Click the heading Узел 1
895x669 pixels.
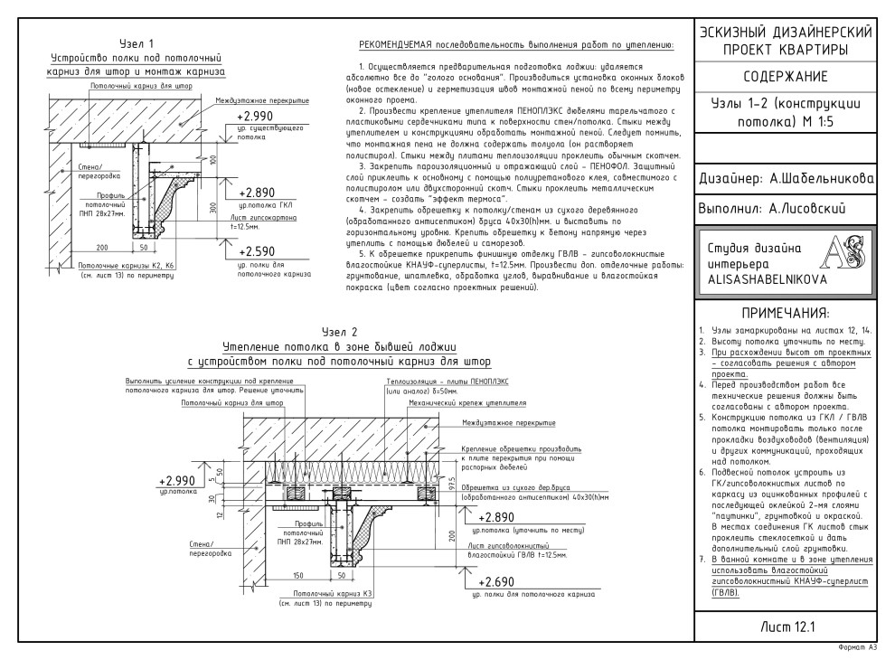pos(137,43)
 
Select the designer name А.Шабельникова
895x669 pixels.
pos(819,179)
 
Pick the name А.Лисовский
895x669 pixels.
pos(800,209)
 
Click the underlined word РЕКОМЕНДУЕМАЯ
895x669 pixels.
pos(399,43)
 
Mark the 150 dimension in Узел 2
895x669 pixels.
pos(271,573)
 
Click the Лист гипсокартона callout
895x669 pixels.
pos(258,218)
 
